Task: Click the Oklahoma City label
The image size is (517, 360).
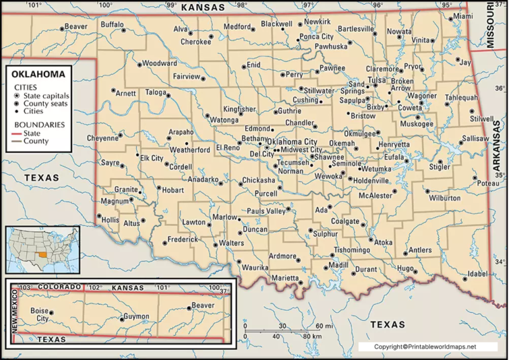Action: (x=293, y=141)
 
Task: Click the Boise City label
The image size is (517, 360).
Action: (x=40, y=314)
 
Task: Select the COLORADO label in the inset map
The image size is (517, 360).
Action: (x=59, y=287)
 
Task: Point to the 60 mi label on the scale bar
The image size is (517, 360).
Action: (x=313, y=326)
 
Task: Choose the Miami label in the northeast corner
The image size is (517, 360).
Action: (x=462, y=15)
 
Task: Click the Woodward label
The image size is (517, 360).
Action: (x=160, y=63)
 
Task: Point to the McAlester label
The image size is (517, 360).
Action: (x=375, y=196)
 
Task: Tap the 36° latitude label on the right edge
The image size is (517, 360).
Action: (x=499, y=88)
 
